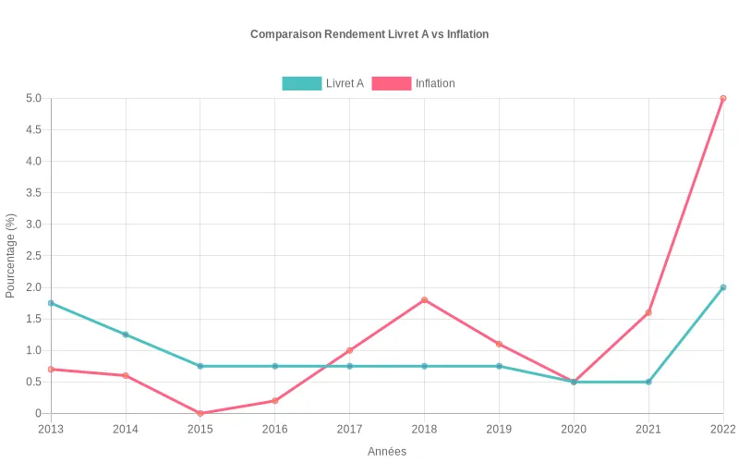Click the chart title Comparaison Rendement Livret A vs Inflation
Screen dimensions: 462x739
(x=369, y=34)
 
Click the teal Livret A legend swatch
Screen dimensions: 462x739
(x=301, y=83)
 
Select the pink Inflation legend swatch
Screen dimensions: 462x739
(x=391, y=83)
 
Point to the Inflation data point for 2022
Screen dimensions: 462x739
(x=723, y=98)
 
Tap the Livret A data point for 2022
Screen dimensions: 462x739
(x=723, y=287)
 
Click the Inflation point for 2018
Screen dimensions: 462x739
(x=424, y=299)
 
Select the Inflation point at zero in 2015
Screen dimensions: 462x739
(x=200, y=413)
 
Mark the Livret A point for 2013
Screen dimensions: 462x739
(x=51, y=303)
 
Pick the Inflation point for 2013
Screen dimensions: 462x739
(x=51, y=369)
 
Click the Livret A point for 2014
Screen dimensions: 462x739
(x=126, y=334)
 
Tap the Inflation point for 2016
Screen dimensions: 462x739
(x=274, y=400)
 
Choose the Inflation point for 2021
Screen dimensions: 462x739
(x=648, y=312)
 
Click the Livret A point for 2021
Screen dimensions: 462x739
(x=648, y=382)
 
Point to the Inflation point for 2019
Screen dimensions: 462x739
(x=499, y=344)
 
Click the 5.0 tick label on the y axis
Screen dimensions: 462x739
(x=33, y=98)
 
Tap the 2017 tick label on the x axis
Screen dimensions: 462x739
(x=349, y=429)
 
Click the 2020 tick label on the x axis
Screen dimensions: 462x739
(x=574, y=429)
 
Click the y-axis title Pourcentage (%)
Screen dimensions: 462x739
(x=11, y=256)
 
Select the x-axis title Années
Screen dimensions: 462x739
(x=387, y=451)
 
